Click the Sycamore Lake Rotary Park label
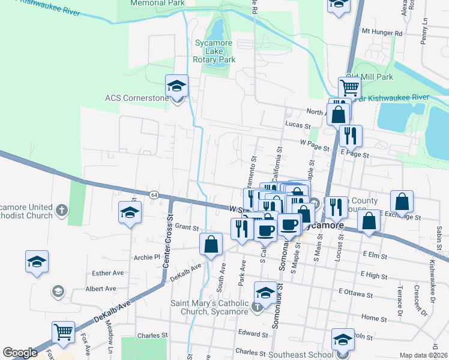[214, 51]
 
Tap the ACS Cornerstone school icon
[177, 86]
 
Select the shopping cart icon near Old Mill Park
[349, 88]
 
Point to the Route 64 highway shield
[154, 195]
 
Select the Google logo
[20, 352]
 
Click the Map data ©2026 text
[424, 355]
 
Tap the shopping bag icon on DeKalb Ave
[211, 245]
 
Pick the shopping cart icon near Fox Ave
[63, 332]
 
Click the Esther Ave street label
[107, 272]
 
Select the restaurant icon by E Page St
[350, 136]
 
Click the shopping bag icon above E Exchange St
[402, 202]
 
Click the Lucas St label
[298, 126]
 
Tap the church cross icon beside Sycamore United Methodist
[62, 210]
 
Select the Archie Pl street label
[149, 257]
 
